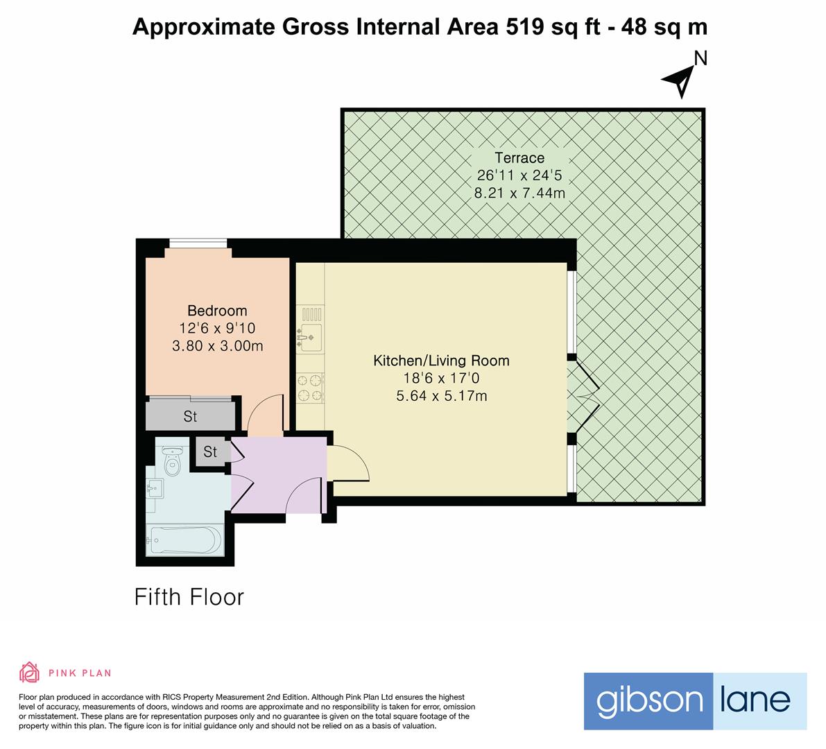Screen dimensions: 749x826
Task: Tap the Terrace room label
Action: click(x=519, y=157)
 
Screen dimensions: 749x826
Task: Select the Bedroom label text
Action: click(x=217, y=311)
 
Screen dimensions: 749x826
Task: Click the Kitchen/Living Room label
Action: click(x=441, y=361)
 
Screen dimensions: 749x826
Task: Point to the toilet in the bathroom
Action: click(x=171, y=460)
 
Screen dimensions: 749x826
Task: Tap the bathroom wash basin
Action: click(x=155, y=490)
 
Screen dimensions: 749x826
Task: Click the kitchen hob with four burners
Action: click(x=310, y=388)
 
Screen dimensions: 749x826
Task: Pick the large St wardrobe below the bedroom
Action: click(x=190, y=416)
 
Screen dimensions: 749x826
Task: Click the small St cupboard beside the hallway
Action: click(x=210, y=452)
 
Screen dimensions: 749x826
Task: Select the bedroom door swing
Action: click(x=265, y=414)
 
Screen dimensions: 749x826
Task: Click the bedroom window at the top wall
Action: click(x=198, y=243)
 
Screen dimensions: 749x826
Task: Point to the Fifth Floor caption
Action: click(x=189, y=597)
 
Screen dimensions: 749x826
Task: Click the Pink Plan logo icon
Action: click(x=30, y=672)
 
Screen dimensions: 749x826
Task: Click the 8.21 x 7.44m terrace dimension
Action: click(x=519, y=193)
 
